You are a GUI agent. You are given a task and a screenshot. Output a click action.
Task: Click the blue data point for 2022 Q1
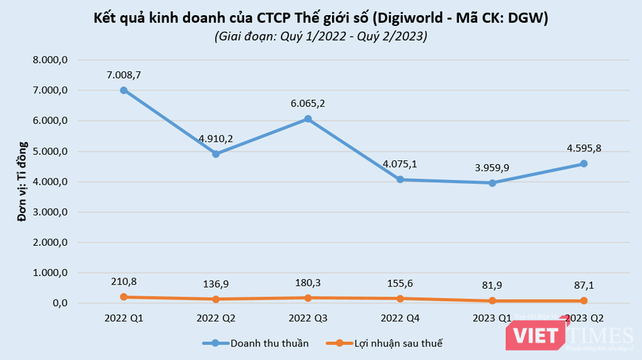(x=124, y=90)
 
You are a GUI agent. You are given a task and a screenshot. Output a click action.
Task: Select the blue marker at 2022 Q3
(x=308, y=119)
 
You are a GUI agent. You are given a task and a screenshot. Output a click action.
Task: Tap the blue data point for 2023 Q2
(x=584, y=163)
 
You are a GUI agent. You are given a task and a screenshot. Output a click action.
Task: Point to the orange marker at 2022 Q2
(x=216, y=299)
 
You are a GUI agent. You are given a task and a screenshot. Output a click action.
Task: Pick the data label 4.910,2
(x=216, y=137)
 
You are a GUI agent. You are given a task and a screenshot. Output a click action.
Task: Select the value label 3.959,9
(x=492, y=167)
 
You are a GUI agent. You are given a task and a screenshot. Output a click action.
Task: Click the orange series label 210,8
(x=124, y=280)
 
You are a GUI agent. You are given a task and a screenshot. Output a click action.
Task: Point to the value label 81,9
(x=492, y=285)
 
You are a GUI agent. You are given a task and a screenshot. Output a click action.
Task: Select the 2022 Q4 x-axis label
(x=400, y=318)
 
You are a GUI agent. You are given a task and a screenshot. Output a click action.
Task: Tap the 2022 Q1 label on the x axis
(x=124, y=318)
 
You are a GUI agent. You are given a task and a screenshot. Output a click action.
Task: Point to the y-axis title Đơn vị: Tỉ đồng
(x=23, y=182)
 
